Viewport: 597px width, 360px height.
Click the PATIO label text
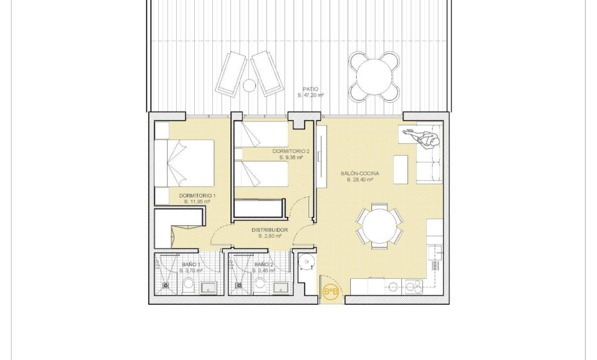(x=311, y=89)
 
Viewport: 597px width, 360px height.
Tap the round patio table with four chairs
(x=374, y=77)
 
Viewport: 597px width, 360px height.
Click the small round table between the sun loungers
(x=249, y=84)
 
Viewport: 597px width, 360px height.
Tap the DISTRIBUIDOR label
(x=270, y=230)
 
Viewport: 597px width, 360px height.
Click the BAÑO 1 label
(x=191, y=264)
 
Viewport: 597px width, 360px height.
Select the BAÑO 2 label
(x=264, y=264)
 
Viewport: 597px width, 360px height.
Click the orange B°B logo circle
(x=331, y=292)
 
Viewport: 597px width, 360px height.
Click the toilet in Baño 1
(x=188, y=286)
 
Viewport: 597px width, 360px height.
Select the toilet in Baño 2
(x=260, y=286)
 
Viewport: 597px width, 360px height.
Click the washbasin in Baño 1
(x=207, y=288)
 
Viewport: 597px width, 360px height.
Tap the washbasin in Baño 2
(x=280, y=288)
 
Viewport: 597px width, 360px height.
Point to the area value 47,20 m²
(x=311, y=96)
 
